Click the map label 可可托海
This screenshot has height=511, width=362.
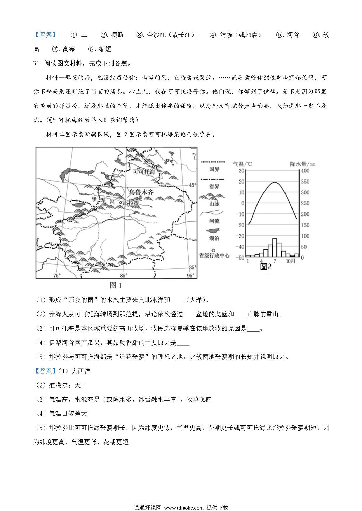(x=144, y=172)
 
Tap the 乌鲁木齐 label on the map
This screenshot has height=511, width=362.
(x=141, y=192)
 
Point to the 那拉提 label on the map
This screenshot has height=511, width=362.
(x=130, y=203)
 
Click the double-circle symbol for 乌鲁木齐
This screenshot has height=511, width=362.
(x=140, y=197)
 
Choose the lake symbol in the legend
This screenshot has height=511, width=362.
(x=213, y=230)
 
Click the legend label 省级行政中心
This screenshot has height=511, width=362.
(x=214, y=255)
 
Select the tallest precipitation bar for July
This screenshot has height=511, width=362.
(x=274, y=247)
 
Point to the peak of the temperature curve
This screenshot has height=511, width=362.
(x=275, y=182)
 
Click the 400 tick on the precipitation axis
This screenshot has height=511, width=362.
(x=305, y=171)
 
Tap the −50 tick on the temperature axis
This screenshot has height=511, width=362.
(x=241, y=258)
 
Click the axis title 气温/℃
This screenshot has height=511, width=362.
(x=242, y=164)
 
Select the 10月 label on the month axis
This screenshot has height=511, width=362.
(x=290, y=261)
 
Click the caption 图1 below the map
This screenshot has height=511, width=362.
(x=116, y=285)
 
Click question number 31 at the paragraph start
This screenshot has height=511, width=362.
(x=37, y=64)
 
